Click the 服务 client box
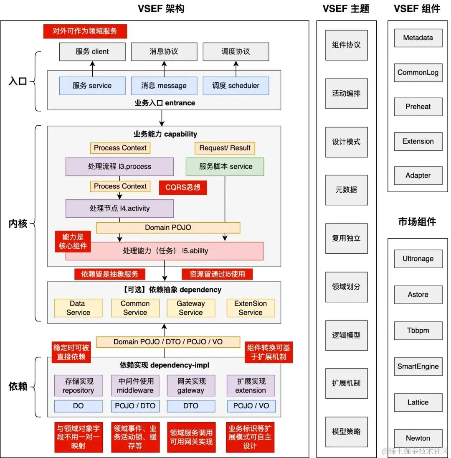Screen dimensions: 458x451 point(92,51)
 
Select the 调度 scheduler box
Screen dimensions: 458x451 point(236,86)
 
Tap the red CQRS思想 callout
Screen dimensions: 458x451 point(183,187)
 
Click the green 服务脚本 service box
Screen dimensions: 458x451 point(225,166)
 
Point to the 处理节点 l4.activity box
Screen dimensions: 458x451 point(119,208)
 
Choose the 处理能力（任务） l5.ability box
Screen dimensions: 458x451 point(165,251)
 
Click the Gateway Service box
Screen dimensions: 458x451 point(191,308)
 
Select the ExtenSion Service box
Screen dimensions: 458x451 point(251,308)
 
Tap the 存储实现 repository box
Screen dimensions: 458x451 point(79,386)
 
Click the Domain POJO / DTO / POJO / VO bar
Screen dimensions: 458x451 point(168,341)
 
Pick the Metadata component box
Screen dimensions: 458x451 point(418,38)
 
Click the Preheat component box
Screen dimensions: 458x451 point(418,107)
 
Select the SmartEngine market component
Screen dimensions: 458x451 point(418,366)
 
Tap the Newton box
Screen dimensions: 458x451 point(418,438)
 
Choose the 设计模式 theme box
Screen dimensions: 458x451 point(346,142)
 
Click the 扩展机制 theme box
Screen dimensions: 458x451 point(346,383)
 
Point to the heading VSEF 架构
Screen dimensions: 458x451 point(161,9)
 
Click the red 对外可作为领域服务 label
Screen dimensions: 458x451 point(85,31)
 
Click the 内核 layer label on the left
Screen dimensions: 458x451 point(18,224)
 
